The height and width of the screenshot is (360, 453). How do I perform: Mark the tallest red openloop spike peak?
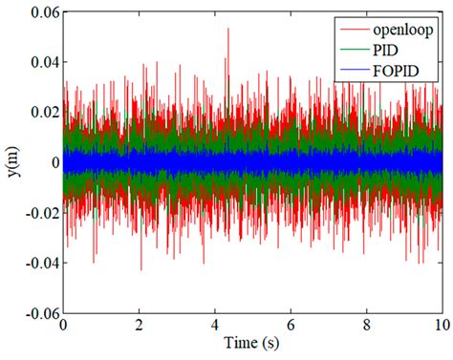click(x=227, y=30)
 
